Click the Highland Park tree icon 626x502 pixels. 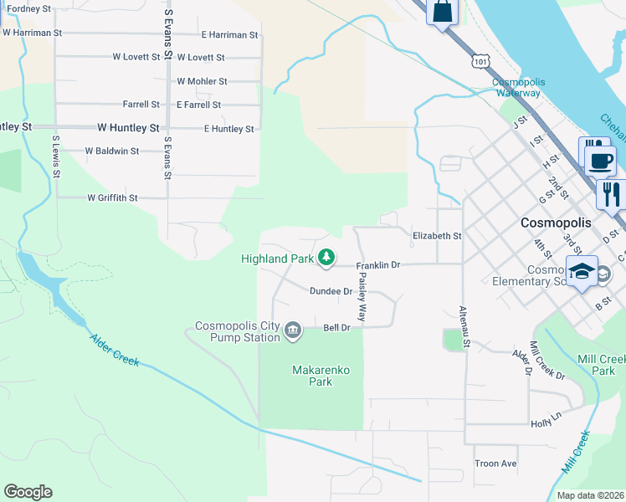(x=327, y=259)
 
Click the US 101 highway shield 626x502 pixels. (x=480, y=61)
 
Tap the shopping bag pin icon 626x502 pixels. (x=443, y=12)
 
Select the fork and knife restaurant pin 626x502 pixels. (x=611, y=194)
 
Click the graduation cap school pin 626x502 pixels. (x=581, y=272)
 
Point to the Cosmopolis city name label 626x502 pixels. (x=556, y=223)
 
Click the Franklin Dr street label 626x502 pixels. (x=379, y=265)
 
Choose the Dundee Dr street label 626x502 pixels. (x=331, y=291)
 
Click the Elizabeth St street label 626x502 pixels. (x=437, y=236)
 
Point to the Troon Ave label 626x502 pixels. (x=495, y=464)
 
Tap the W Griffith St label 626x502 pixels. (x=112, y=198)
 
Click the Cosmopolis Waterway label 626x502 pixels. (x=516, y=87)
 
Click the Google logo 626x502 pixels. (x=28, y=492)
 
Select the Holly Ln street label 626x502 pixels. (x=545, y=424)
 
